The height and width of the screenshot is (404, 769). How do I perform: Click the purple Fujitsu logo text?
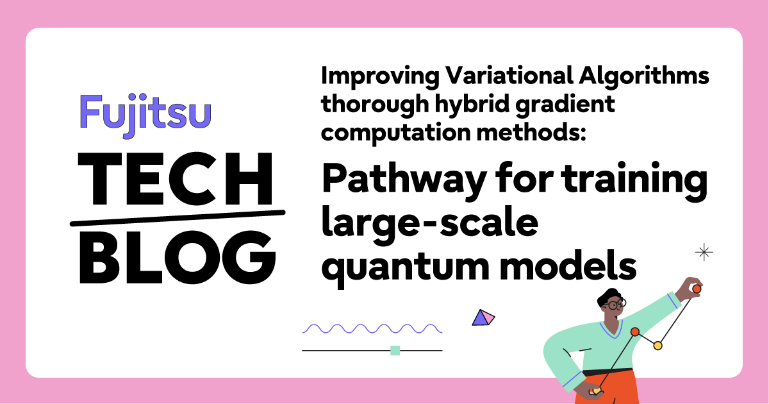[145, 115]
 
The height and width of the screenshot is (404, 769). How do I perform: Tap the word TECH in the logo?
[176, 179]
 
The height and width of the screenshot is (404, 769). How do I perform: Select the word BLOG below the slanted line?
[178, 258]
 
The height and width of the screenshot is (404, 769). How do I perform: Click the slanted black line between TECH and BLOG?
[178, 218]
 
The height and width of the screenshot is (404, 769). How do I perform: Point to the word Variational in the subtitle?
[509, 76]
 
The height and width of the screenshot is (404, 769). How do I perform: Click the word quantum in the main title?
[405, 268]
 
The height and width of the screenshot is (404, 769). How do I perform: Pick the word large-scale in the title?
[430, 224]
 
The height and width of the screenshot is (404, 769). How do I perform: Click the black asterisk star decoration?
[704, 252]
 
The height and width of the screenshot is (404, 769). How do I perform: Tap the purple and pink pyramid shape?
[483, 318]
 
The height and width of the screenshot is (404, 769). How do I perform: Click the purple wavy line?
[372, 328]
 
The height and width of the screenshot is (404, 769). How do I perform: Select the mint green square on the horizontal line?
[395, 350]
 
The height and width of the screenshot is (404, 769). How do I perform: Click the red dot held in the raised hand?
[697, 289]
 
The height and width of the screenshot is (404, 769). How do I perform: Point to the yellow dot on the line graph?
[657, 345]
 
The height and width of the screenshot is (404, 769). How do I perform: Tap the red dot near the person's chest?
[635, 332]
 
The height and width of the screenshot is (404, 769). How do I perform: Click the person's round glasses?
[615, 304]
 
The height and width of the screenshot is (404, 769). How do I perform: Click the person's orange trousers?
[607, 387]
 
